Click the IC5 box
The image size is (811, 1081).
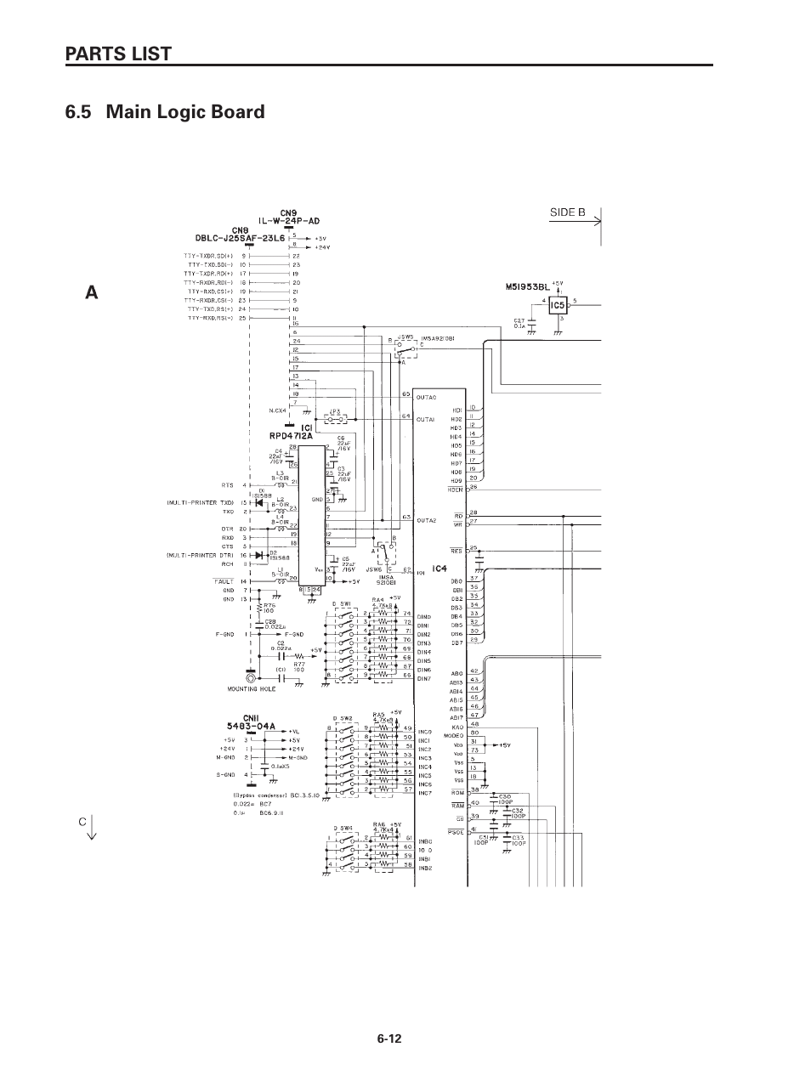coord(558,304)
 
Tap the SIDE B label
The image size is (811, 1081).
coord(567,212)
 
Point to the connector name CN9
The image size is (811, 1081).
coord(289,212)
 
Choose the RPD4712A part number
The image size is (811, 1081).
coord(292,435)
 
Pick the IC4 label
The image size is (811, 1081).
coord(440,569)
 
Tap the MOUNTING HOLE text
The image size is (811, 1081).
coord(247,689)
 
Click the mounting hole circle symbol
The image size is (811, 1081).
coord(249,678)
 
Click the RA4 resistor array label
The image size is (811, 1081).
coord(378,599)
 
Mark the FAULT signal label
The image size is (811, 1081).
coord(224,581)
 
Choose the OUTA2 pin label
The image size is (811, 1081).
coord(426,520)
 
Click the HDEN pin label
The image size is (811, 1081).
coord(455,490)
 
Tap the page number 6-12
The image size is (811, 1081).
coord(389,1039)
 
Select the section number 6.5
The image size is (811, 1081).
coord(81,111)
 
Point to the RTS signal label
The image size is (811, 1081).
coord(227,485)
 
